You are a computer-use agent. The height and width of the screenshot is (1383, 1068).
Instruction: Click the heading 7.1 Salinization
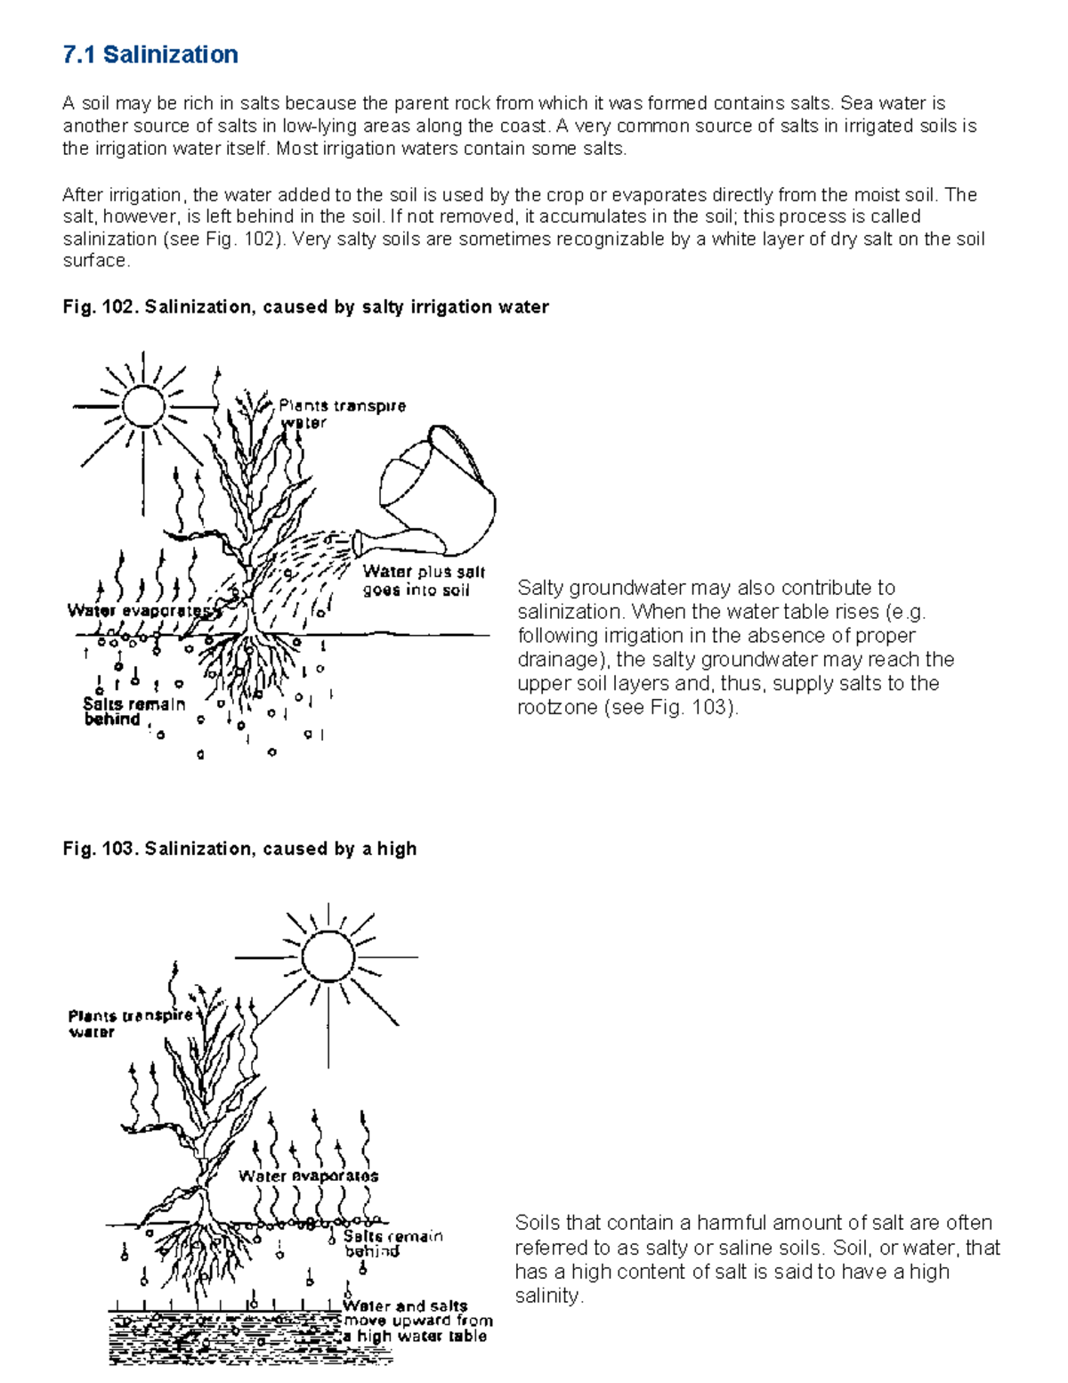coord(150,55)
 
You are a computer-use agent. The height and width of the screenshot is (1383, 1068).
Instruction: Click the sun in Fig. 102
coord(142,406)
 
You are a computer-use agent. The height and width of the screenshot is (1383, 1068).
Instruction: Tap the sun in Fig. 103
coord(328,956)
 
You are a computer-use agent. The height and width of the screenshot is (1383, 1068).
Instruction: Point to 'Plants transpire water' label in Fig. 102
coord(342,413)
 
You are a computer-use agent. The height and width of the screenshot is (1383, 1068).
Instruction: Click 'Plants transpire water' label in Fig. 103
coord(129,1023)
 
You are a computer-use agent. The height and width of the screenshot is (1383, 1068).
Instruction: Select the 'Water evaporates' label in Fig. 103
coord(308,1176)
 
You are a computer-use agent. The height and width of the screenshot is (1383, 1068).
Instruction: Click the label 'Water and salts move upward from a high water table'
coord(417,1321)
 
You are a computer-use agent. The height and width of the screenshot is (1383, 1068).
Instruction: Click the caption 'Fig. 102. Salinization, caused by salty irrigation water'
coord(305,307)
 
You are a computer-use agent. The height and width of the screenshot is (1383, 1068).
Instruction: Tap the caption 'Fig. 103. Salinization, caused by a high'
coord(239,849)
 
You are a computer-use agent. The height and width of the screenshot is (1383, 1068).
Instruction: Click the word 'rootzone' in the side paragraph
coord(554,708)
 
